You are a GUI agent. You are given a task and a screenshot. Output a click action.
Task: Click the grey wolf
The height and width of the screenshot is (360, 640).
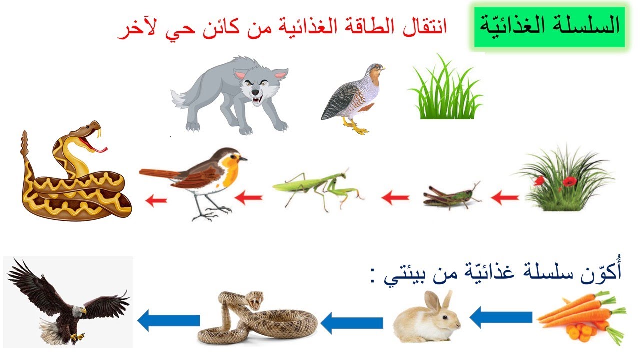pos(231,95)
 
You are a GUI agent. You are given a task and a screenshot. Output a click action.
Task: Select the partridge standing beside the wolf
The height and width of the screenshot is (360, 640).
pos(353,98)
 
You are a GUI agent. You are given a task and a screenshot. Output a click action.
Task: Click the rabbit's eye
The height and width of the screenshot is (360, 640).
pos(445,317)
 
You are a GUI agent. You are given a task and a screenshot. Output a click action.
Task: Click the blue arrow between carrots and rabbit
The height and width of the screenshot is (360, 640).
pos(501,317)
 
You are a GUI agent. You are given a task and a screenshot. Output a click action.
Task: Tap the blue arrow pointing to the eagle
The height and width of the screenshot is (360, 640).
pos(169,320)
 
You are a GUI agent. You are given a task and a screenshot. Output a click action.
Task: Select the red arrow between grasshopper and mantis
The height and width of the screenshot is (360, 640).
pos(395,197)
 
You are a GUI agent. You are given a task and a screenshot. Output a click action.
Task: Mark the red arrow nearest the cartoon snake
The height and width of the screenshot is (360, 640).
pos(156,200)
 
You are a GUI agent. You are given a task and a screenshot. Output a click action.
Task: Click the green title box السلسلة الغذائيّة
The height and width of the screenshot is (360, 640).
pos(549,27)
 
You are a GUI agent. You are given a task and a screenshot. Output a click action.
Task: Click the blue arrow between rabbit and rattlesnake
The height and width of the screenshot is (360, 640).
pos(352,323)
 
